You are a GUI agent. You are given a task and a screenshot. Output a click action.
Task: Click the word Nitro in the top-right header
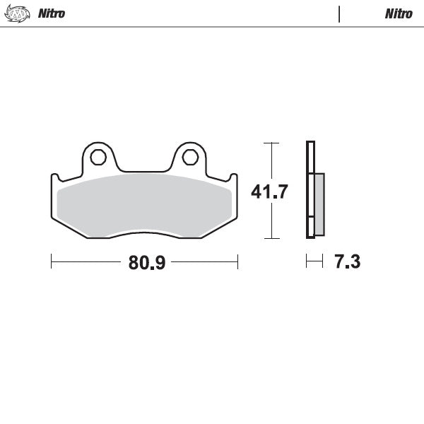tap(399, 13)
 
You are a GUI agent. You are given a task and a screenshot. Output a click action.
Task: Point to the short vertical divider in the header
tap(340, 13)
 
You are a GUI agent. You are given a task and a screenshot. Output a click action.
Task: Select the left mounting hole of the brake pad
tap(99, 155)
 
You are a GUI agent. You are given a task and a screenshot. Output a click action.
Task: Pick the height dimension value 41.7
tap(270, 192)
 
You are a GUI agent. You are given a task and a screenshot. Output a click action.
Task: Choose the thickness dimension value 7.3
tap(347, 263)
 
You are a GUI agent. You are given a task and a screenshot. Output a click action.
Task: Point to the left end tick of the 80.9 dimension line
tap(52, 262)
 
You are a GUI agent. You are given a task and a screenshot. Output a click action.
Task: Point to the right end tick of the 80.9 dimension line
tap(238, 262)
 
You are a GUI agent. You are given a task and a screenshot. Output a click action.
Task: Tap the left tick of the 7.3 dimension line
tap(307, 262)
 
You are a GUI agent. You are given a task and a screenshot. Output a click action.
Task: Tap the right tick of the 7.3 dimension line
tap(323, 262)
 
